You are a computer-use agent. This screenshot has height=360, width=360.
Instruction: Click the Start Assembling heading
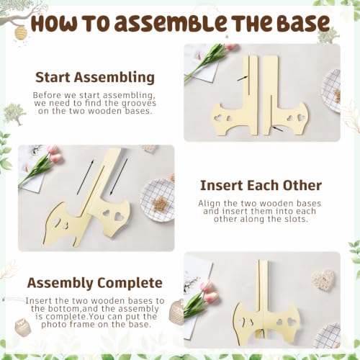pos(95,78)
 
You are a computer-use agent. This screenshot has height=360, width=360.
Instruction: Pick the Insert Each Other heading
pos(261,186)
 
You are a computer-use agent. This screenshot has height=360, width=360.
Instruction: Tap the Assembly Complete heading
pos(95,283)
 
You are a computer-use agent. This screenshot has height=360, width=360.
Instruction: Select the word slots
pos(295,219)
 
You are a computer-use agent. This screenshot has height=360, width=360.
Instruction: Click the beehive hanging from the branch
pos(21,32)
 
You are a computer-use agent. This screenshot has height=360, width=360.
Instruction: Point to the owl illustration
pos(23,327)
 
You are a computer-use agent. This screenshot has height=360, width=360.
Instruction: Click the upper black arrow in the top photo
pos(243,78)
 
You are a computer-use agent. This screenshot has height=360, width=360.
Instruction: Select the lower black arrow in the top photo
pos(278,129)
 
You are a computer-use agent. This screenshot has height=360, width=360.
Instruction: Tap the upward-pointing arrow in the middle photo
pos(85,177)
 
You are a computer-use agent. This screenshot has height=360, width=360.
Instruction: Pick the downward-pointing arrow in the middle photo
pos(118,177)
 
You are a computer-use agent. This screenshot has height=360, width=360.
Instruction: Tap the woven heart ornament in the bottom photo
pos(323,280)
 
